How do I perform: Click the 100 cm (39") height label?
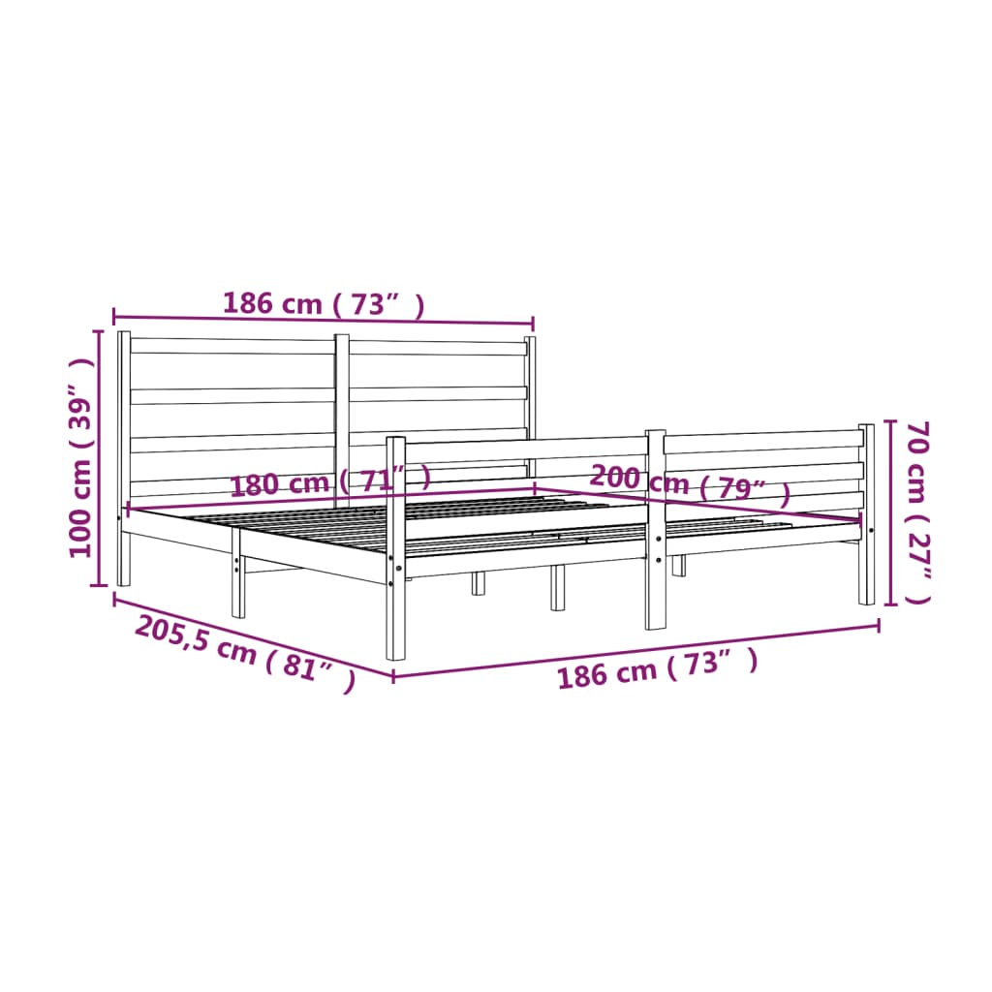pyautogui.click(x=81, y=457)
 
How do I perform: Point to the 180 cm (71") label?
pyautogui.click(x=329, y=481)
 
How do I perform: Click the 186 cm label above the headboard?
pyautogui.click(x=323, y=303)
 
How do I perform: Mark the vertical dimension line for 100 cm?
pyautogui.click(x=98, y=457)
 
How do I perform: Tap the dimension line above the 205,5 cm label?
pyautogui.click(x=252, y=636)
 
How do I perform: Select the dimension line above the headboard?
pyautogui.click(x=323, y=320)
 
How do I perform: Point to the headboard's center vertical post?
pyautogui.click(x=342, y=417)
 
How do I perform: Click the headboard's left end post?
pyautogui.click(x=124, y=455)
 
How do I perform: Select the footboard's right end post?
pyautogui.click(x=866, y=513)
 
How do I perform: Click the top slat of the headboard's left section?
pyautogui.click(x=232, y=346)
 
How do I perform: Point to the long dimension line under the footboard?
pyautogui.click(x=635, y=650)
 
